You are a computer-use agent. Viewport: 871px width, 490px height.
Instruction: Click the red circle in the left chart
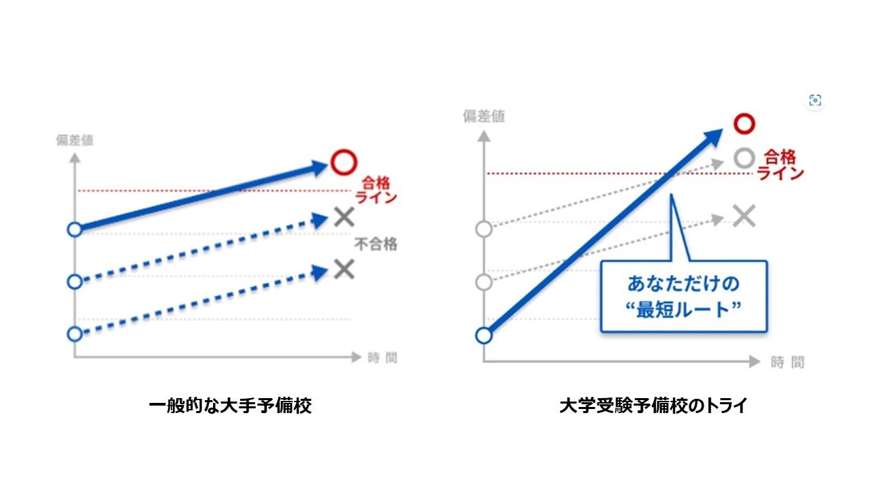tap(344, 162)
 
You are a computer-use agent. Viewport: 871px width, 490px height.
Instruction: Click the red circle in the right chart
tap(745, 123)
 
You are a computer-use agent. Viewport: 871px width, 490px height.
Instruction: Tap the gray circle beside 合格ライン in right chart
tap(744, 159)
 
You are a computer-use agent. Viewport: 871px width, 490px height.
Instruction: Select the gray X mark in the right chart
tap(745, 216)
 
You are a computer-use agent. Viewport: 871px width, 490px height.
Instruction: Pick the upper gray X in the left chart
tap(344, 217)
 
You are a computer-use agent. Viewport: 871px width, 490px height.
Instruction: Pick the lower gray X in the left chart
tap(344, 269)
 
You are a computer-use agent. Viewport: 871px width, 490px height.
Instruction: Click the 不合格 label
tap(375, 244)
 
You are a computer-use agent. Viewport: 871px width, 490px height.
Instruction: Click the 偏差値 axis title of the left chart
tap(75, 141)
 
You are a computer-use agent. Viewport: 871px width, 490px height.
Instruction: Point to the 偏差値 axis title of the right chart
tap(484, 116)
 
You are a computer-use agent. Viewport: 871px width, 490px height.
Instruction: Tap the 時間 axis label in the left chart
tap(381, 357)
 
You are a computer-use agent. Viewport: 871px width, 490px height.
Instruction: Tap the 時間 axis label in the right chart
tap(787, 362)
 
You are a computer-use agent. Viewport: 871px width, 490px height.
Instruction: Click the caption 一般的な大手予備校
tap(230, 406)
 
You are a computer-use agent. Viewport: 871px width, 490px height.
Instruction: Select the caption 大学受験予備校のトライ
tap(653, 406)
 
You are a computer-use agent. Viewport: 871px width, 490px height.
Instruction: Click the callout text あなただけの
tap(683, 283)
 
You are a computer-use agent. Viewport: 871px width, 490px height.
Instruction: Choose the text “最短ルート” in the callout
tap(683, 308)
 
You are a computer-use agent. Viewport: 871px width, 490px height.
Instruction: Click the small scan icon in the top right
tap(815, 101)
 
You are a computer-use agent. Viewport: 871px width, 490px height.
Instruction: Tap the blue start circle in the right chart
tap(483, 336)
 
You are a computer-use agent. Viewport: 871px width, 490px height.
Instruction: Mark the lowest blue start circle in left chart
tap(75, 333)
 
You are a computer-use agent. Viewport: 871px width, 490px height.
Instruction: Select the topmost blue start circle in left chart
tap(75, 229)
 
